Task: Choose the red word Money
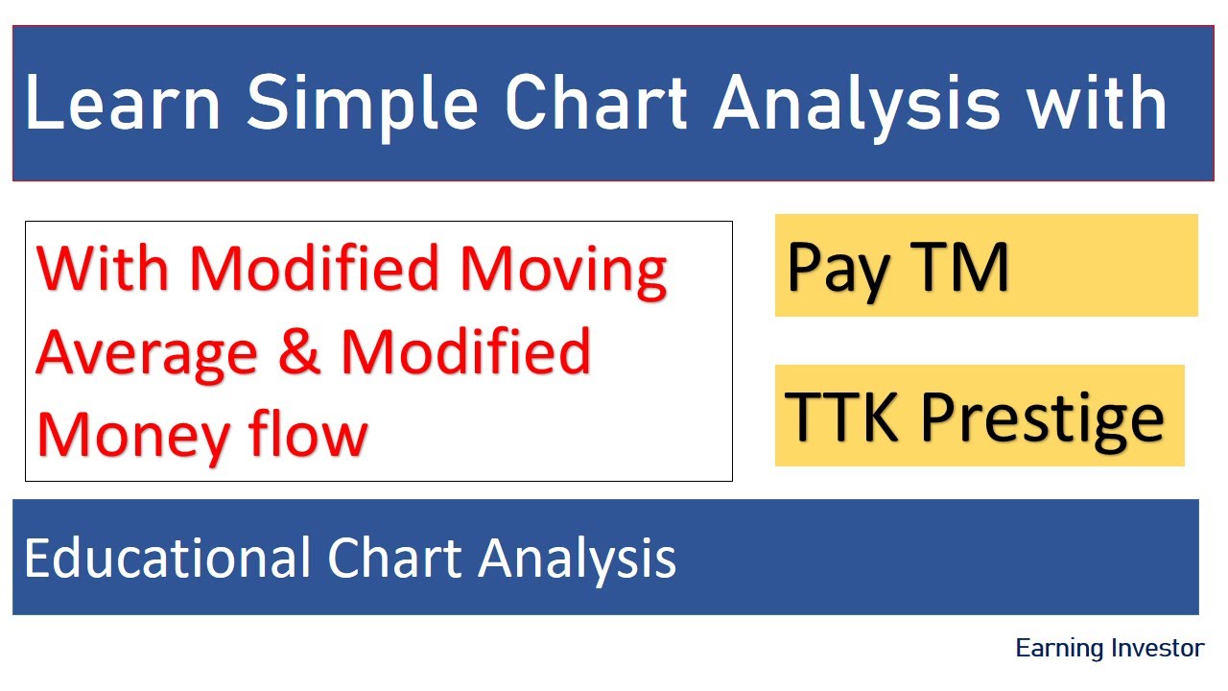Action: (131, 436)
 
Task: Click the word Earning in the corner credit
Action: (1059, 649)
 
